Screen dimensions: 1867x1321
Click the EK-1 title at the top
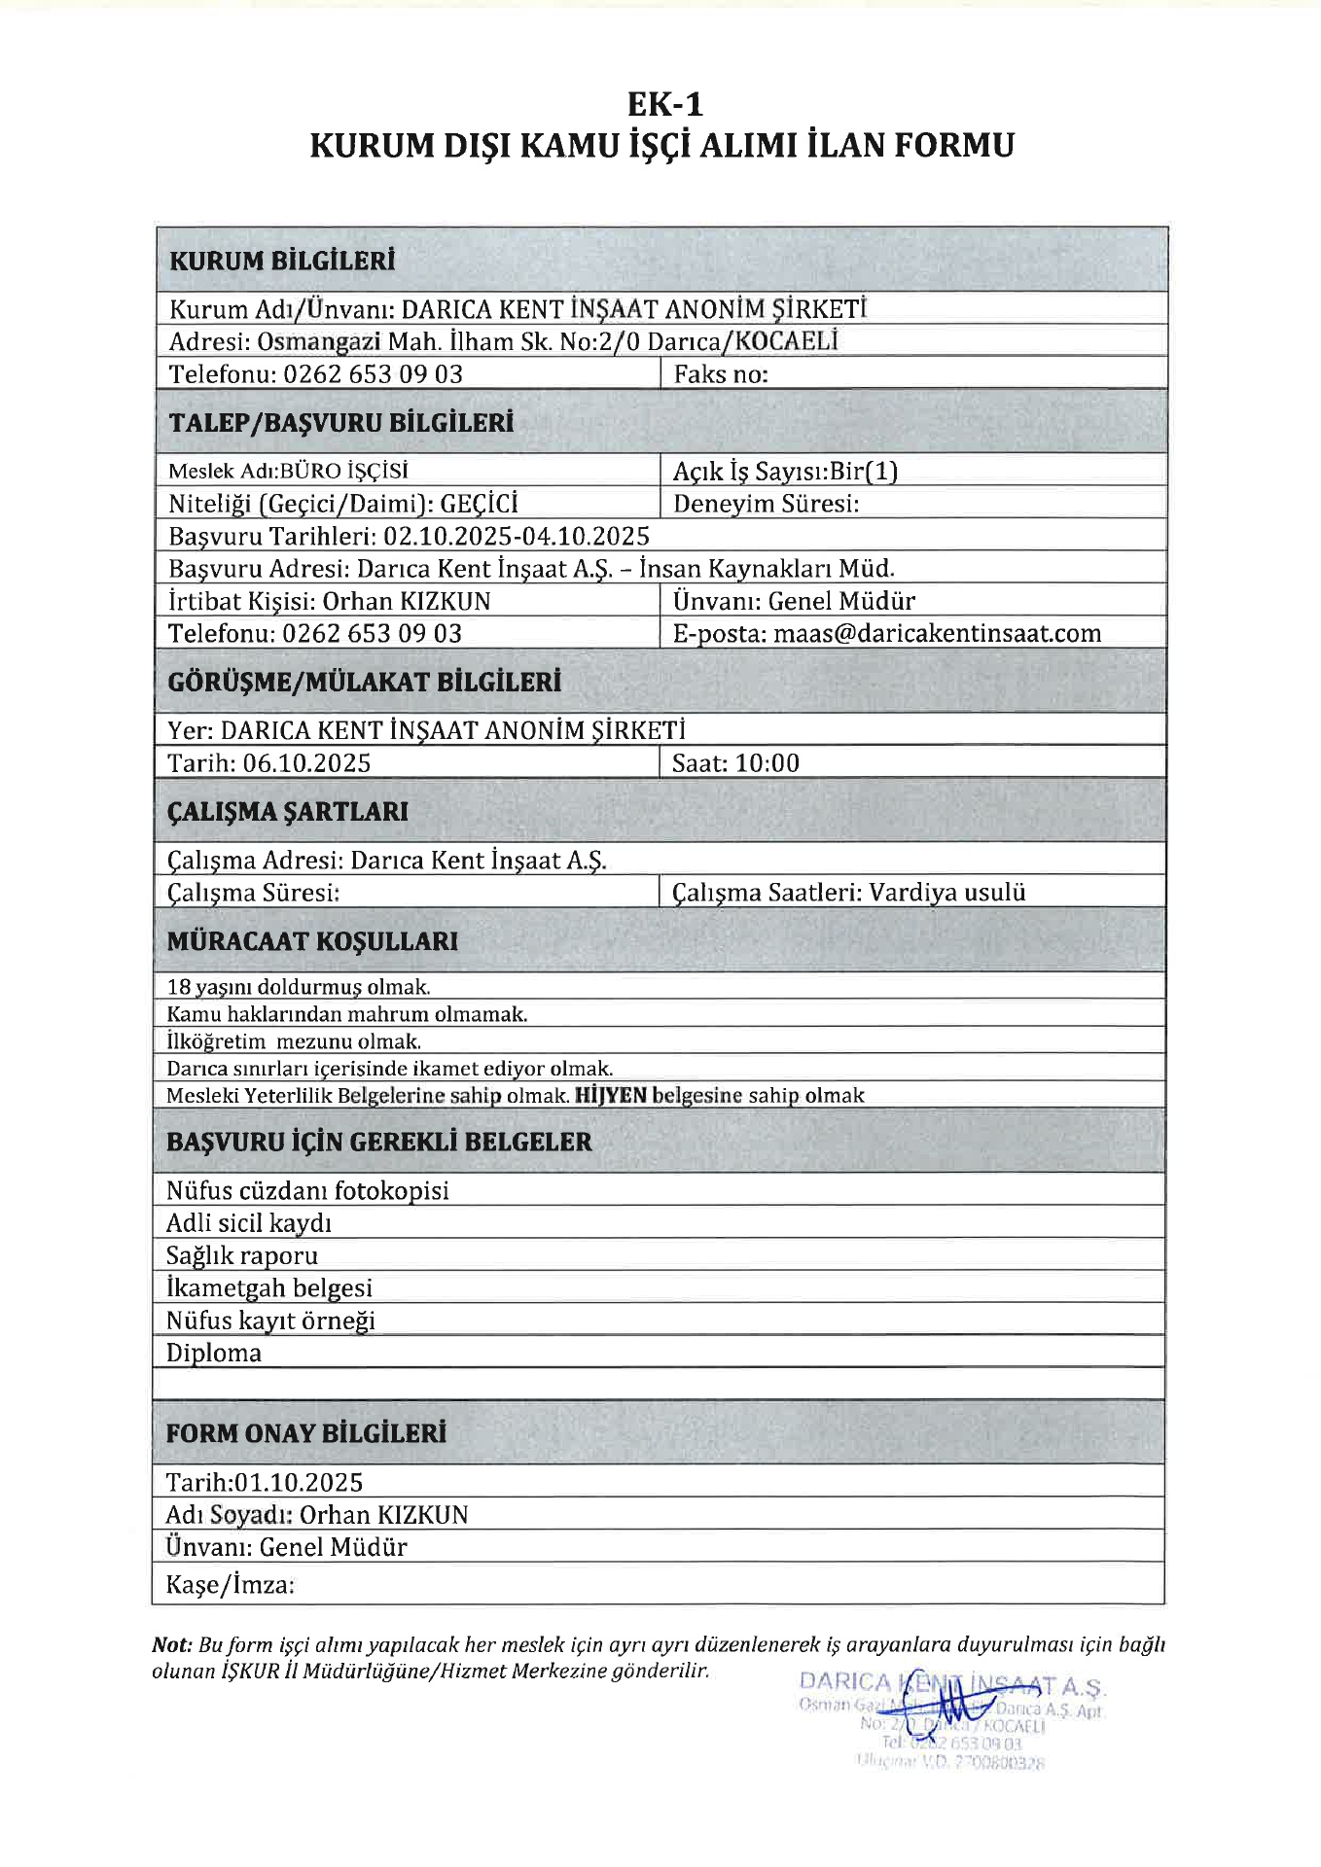(x=664, y=104)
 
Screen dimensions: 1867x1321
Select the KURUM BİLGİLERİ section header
(x=282, y=261)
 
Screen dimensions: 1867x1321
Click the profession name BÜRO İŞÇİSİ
(x=344, y=472)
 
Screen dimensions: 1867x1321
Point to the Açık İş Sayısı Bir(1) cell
(x=785, y=472)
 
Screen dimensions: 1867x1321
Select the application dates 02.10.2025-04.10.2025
(x=516, y=536)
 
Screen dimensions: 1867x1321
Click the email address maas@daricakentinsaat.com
(x=937, y=634)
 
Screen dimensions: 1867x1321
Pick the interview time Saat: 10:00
(x=735, y=763)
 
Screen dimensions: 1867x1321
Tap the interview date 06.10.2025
(x=306, y=763)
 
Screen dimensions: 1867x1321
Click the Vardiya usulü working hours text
(x=946, y=893)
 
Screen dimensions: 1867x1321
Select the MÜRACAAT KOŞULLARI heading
(x=312, y=941)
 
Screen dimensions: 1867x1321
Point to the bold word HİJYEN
(x=611, y=1095)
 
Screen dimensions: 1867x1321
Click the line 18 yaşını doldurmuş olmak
(x=299, y=987)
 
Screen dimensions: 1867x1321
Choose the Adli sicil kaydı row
(x=249, y=1223)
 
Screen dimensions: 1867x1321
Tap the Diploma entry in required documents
(x=214, y=1353)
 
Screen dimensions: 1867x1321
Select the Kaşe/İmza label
(x=231, y=1585)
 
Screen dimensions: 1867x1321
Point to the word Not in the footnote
(x=171, y=1645)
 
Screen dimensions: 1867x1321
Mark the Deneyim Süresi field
(x=766, y=504)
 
